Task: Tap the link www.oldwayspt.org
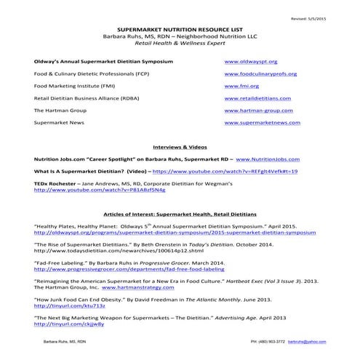pos(250,63)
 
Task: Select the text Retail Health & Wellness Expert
pos(180,45)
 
